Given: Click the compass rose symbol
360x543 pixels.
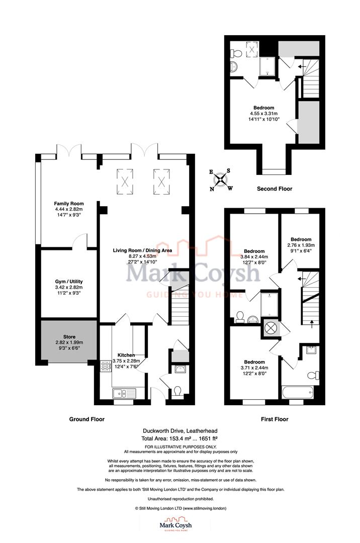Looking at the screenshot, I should [220, 180].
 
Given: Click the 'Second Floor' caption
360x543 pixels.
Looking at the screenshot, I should [275, 189].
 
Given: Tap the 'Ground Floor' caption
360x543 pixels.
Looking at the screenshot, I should [87, 419].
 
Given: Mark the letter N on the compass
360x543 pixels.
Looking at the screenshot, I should [212, 189].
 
